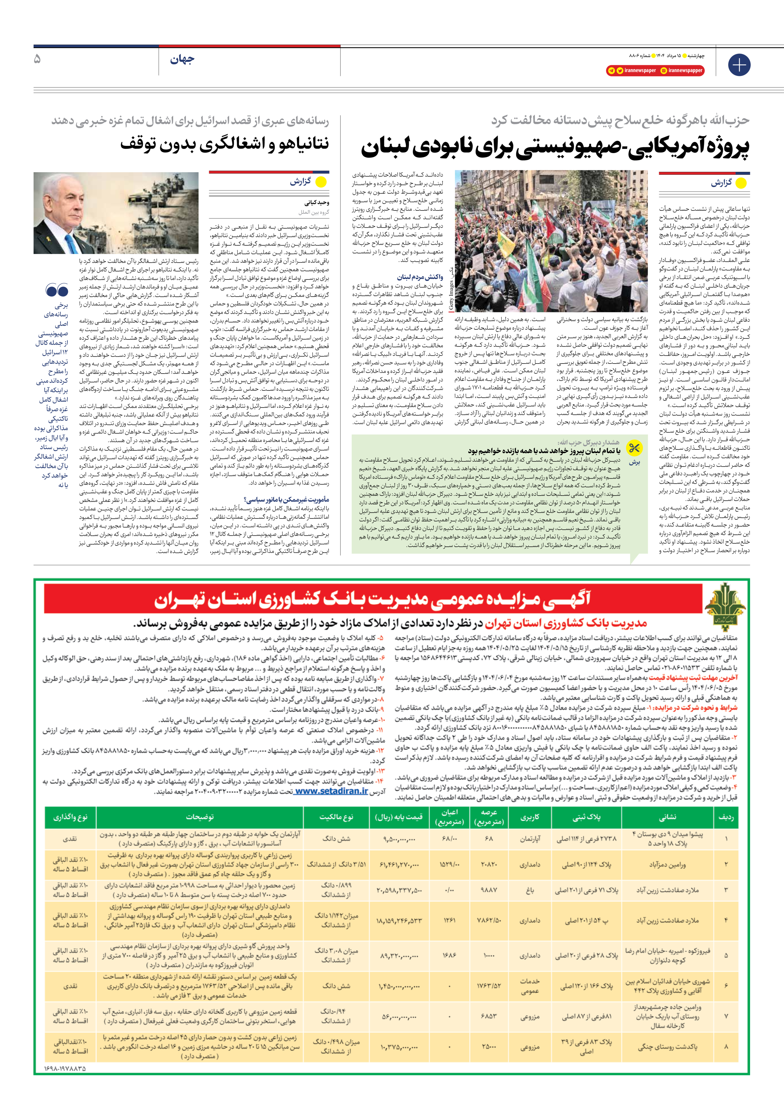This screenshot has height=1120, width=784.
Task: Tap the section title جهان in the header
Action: click(x=182, y=60)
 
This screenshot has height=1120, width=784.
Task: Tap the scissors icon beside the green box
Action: click(x=634, y=448)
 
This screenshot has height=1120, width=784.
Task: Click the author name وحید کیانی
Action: click(x=317, y=202)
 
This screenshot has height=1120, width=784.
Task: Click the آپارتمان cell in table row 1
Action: click(x=530, y=839)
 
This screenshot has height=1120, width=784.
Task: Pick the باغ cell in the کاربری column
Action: click(x=530, y=890)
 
